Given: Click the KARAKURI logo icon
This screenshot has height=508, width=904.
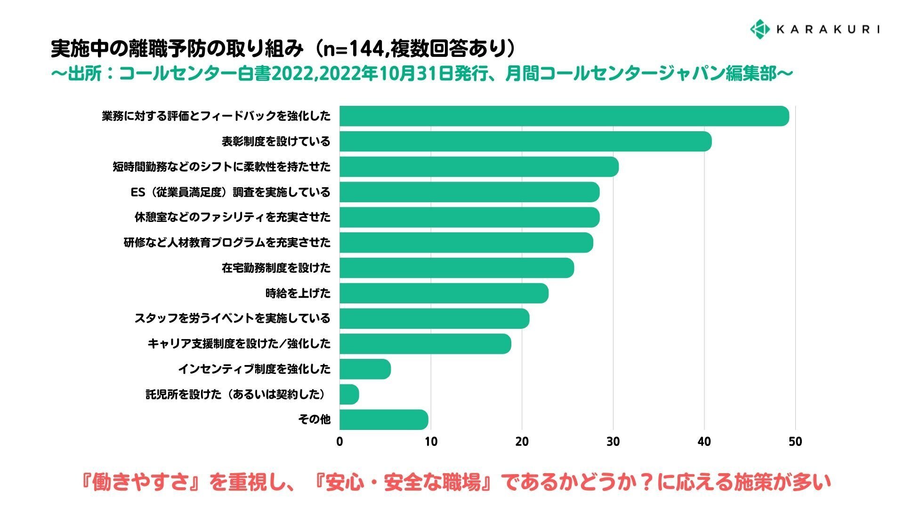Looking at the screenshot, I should click(x=759, y=29).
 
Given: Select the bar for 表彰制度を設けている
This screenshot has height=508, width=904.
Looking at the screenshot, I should click(x=525, y=142).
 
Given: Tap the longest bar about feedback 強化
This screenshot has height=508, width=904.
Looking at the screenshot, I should click(x=564, y=116).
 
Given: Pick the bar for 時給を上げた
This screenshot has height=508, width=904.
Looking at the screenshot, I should click(x=444, y=294).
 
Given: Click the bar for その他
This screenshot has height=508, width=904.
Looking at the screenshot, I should click(x=383, y=420).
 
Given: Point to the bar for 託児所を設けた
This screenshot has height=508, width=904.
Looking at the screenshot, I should click(x=349, y=394).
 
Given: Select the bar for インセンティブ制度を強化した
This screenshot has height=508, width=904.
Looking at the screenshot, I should click(x=365, y=369).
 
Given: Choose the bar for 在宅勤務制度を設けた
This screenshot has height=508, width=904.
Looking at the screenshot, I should click(x=456, y=268).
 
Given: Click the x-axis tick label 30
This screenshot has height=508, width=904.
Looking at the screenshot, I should click(x=613, y=442).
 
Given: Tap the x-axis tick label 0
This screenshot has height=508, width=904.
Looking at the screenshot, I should click(x=339, y=442).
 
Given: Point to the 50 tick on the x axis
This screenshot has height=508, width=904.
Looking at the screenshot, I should click(x=795, y=442).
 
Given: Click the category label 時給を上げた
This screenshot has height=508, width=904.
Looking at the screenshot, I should click(x=298, y=294).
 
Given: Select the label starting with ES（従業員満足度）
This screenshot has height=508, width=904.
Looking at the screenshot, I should click(x=230, y=192).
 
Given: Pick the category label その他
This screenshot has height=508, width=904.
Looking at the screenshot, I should click(x=314, y=420).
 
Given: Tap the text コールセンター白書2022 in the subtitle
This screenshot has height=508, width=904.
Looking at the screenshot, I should click(x=217, y=74).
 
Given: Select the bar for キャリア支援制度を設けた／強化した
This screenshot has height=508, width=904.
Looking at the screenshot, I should click(x=425, y=344).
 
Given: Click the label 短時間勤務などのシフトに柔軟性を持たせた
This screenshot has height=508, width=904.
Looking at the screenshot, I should click(x=221, y=167).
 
